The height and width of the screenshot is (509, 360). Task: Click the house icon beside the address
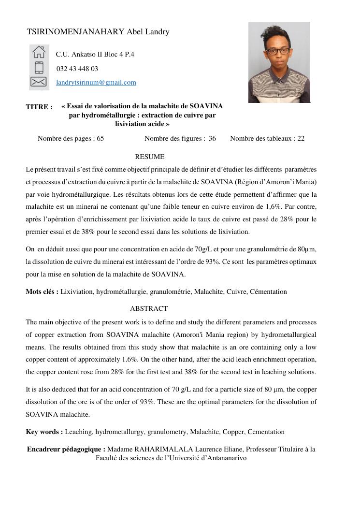pos(39,52)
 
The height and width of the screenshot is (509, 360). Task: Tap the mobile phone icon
pos(39,67)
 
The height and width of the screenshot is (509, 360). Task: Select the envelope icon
pos(39,82)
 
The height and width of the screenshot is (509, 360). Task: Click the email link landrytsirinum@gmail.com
pos(96,83)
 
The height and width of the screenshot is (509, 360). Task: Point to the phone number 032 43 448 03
pos(77,69)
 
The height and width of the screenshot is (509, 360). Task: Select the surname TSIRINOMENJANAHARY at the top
pos(75,32)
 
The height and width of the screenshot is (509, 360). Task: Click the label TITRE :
pos(39,107)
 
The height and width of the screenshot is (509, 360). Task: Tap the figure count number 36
pos(212,139)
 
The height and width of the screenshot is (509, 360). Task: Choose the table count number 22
pos(301,139)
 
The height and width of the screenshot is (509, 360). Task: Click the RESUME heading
pos(149,157)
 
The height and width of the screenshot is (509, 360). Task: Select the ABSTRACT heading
pos(149,308)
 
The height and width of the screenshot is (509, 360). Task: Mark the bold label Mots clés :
pos(42,291)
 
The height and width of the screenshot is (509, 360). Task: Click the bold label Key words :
pos(44,432)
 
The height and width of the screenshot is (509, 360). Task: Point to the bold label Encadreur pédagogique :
pos(66,449)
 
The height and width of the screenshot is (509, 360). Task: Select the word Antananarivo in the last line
pos(223,458)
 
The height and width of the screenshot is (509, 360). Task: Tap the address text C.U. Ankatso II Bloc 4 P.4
pos(95,54)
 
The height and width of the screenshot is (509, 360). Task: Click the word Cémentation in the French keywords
pos(268,291)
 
